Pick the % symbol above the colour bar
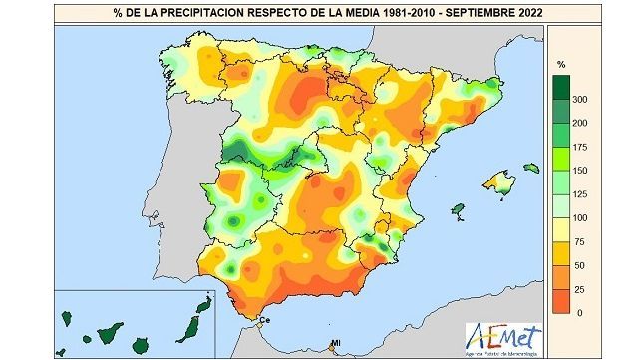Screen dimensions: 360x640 pos(561,64)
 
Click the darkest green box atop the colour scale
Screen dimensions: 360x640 pos(561,87)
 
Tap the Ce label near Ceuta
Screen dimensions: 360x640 pos(265,320)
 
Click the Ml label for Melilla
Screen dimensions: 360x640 pos(335,345)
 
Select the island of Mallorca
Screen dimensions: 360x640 pos(497,181)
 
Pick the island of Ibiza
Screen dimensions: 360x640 pos(458,210)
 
